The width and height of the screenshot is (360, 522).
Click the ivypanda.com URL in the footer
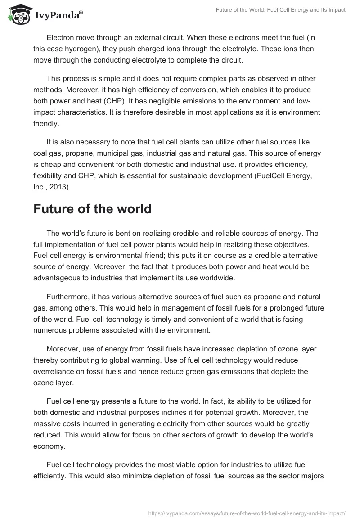[x=247, y=513]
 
